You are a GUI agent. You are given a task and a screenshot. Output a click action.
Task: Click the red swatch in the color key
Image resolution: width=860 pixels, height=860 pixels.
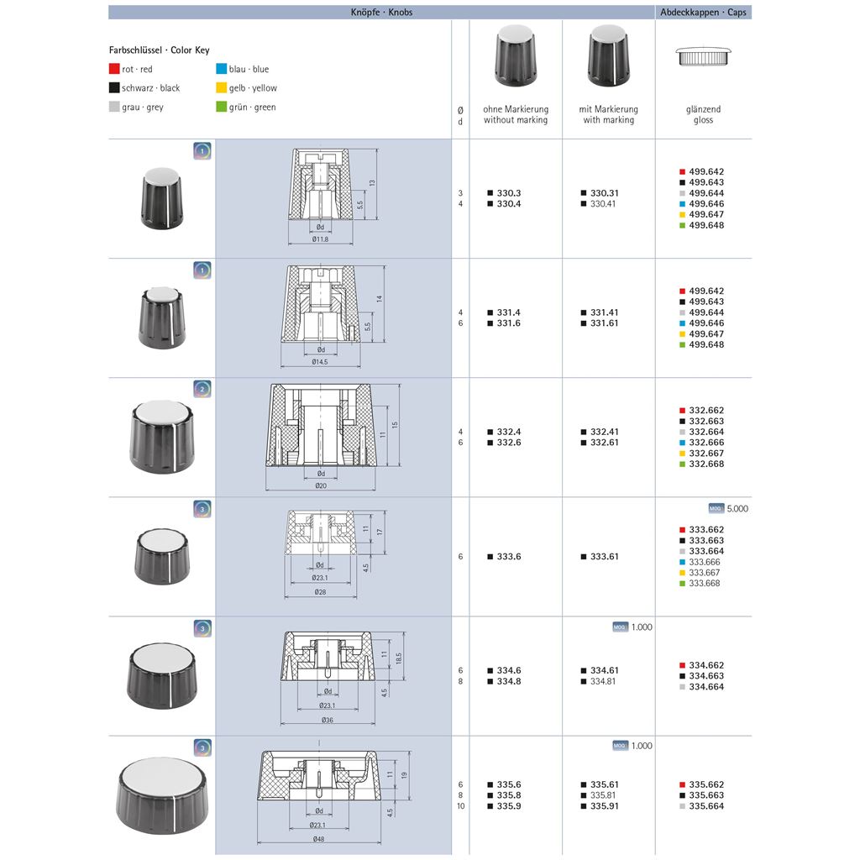[114, 69]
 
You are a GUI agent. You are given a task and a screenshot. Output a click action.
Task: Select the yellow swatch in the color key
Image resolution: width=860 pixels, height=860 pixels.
[221, 87]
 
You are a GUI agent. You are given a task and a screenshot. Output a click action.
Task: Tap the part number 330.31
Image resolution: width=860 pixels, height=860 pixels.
[603, 193]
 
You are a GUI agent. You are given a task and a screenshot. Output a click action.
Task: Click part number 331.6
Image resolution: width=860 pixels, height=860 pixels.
[509, 323]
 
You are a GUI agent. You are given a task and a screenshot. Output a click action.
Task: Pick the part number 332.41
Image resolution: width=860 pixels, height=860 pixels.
[603, 432]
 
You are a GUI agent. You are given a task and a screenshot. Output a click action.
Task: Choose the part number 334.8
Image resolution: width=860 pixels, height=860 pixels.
[509, 681]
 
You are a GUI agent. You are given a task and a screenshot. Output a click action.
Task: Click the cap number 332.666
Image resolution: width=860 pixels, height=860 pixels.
[706, 443]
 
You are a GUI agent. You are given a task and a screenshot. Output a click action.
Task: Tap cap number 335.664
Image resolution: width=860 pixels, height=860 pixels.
[706, 806]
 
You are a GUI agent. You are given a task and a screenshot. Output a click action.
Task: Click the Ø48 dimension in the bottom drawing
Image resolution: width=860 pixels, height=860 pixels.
[319, 840]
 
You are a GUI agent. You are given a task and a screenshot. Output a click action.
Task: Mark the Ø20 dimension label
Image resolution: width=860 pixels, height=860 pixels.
[320, 486]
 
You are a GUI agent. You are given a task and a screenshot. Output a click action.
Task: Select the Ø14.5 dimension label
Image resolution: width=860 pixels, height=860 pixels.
[320, 362]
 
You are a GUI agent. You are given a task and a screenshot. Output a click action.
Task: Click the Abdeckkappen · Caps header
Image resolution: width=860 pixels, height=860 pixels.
[703, 13]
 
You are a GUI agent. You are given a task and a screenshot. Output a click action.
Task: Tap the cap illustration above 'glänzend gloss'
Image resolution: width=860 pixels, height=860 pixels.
[703, 57]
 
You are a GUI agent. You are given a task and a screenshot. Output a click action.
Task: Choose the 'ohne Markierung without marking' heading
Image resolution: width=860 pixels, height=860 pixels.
[516, 114]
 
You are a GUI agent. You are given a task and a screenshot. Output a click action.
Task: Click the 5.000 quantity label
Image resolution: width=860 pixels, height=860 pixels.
[737, 508]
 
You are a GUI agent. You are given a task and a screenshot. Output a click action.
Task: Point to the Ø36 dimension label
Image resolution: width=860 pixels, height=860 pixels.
[326, 720]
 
